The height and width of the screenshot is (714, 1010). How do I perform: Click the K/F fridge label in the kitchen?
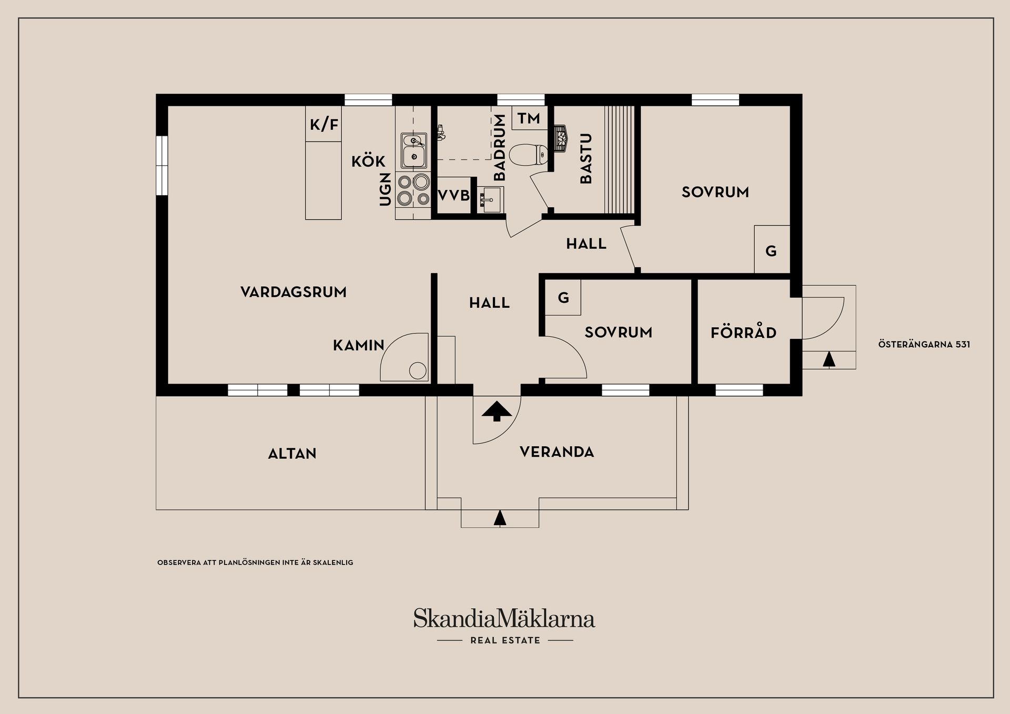click(324, 125)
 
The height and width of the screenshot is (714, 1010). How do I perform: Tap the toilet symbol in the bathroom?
click(529, 154)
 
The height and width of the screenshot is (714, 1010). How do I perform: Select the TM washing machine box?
click(529, 118)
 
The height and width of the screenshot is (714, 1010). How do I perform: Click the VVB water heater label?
click(453, 196)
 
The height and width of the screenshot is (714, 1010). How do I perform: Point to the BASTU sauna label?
click(585, 158)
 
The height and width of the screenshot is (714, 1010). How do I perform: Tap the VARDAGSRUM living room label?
click(294, 292)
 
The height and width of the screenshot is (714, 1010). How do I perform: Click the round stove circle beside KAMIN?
click(418, 370)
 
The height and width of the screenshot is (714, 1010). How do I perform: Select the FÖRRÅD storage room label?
click(743, 333)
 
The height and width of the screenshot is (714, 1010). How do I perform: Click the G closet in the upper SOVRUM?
click(771, 250)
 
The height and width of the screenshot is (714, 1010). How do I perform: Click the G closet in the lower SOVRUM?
click(563, 298)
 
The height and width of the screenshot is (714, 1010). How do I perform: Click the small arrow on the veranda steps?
click(500, 518)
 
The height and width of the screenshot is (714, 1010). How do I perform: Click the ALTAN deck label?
click(292, 454)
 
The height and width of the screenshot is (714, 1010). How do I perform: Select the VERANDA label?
click(557, 452)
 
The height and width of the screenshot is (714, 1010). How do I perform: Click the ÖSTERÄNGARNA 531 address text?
click(924, 345)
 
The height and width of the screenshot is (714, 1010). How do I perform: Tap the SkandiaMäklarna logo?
click(504, 619)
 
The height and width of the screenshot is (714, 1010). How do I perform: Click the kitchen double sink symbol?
click(414, 149)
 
